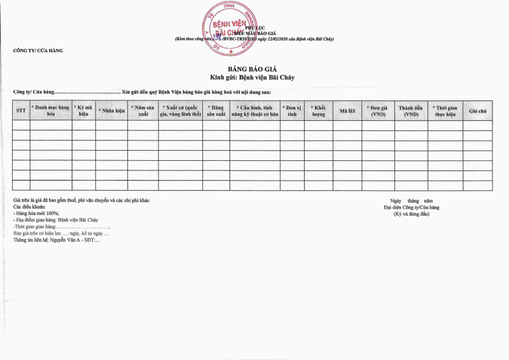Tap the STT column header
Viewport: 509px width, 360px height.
point(20,111)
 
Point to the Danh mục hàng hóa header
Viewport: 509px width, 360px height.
point(50,111)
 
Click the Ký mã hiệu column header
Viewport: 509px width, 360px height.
point(83,111)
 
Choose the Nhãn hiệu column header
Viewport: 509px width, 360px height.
point(111,111)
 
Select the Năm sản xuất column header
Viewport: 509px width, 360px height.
point(143,111)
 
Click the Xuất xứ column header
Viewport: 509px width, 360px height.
point(181,111)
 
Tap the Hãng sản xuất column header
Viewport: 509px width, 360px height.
point(216,111)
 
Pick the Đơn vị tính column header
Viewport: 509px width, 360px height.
point(292,111)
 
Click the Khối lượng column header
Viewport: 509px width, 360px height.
point(318,111)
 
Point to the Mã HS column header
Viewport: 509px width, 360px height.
point(347,111)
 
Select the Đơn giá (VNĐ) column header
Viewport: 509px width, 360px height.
point(379,111)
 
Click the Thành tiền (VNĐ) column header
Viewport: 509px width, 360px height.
point(411,111)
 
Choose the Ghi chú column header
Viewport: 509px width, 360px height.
point(477,111)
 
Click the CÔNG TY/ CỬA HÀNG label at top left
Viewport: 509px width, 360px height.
point(38,50)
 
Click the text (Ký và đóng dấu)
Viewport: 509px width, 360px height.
point(412,214)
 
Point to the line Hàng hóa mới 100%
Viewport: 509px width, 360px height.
point(37,214)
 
